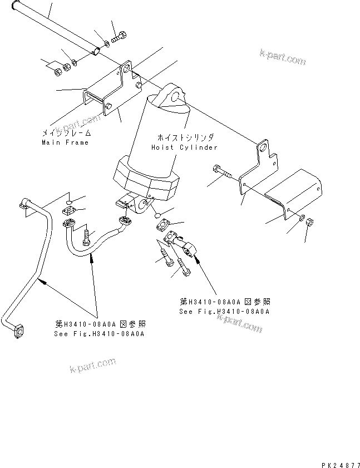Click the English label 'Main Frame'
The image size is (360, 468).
[x=65, y=142]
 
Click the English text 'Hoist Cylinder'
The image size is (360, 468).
[x=184, y=147]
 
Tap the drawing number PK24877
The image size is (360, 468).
[x=339, y=463]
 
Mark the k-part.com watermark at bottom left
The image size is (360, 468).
[x=92, y=365]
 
